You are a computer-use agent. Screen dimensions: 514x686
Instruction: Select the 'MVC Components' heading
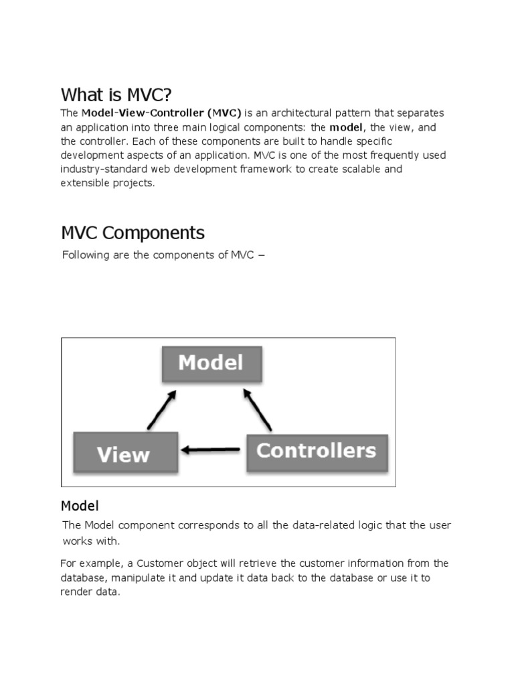(133, 232)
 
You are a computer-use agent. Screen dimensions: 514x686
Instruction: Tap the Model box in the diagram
(211, 363)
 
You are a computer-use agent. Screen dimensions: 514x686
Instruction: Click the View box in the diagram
(124, 454)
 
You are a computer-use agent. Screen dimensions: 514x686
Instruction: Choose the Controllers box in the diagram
(317, 451)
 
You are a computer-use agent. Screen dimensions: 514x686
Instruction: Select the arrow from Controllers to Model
(258, 410)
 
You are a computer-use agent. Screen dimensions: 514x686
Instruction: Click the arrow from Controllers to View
(211, 450)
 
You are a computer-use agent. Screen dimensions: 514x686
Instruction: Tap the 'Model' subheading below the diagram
(80, 505)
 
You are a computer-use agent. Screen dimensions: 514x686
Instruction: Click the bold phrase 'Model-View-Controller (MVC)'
(161, 113)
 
